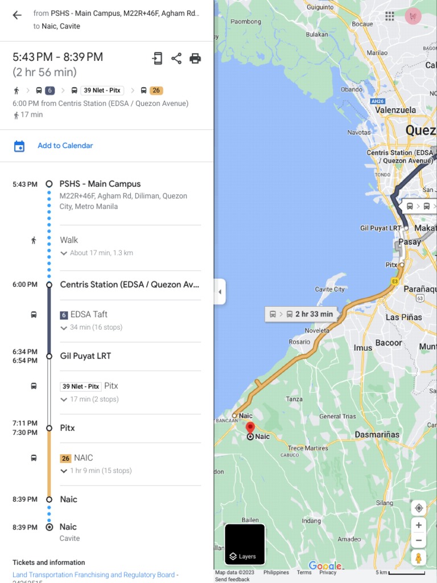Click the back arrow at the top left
pos(17,15)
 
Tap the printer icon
pos(195,58)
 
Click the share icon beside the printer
pos(176,58)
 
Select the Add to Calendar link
pos(65,146)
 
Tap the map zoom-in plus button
pos(419,525)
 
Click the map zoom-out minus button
pos(419,540)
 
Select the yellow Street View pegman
pos(419,558)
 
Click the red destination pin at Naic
pos(250,428)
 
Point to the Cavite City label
pos(330,289)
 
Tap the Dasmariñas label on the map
pos(377,434)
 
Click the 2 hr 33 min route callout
pos(301,314)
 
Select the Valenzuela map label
pos(395,110)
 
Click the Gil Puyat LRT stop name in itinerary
pos(85,356)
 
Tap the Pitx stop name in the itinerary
pos(67,428)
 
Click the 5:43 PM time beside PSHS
pos(25,184)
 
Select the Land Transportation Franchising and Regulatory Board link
pos(93,575)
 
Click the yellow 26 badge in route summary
pos(156,91)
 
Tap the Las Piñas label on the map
pos(403,317)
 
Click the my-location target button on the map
pos(419,508)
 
